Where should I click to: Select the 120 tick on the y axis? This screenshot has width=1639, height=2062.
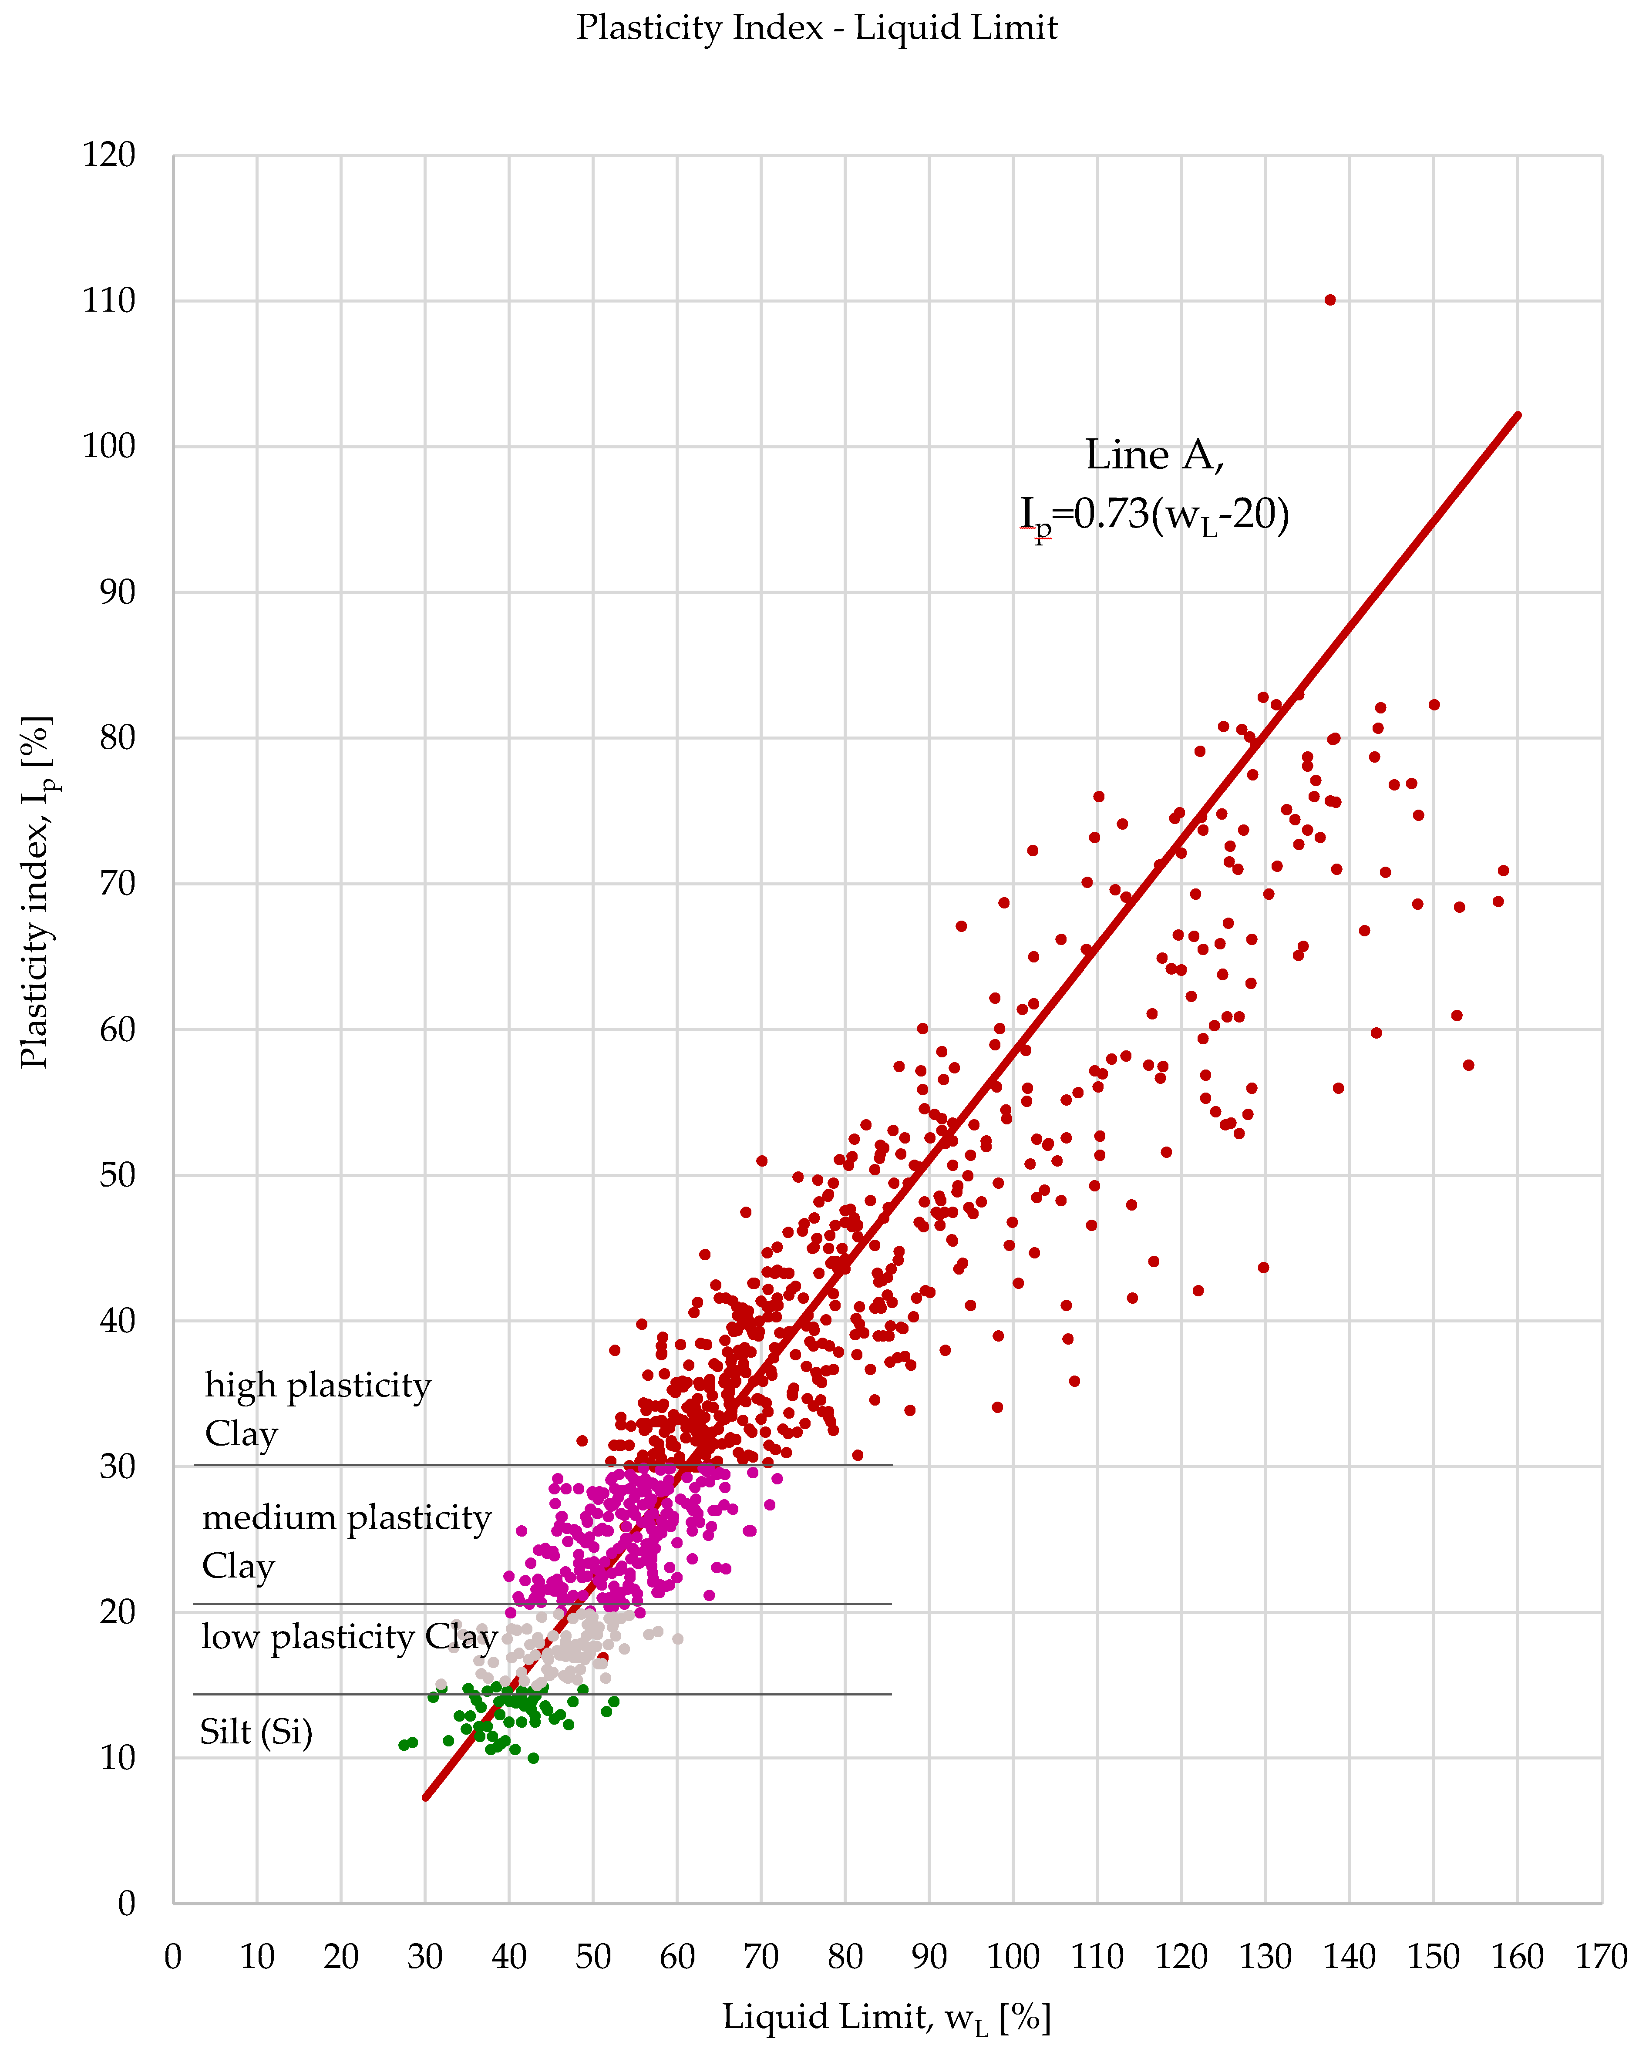pos(109,155)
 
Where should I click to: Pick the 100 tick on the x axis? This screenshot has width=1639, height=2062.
pos(1013,1957)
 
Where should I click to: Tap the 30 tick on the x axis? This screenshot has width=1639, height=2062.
pos(424,1957)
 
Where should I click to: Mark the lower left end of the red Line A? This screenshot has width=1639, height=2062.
pos(425,1798)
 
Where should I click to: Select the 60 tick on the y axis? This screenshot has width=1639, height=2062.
pos(118,1030)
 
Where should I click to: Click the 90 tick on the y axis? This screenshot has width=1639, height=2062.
pos(118,592)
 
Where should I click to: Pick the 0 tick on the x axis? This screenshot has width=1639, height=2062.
pos(173,1957)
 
